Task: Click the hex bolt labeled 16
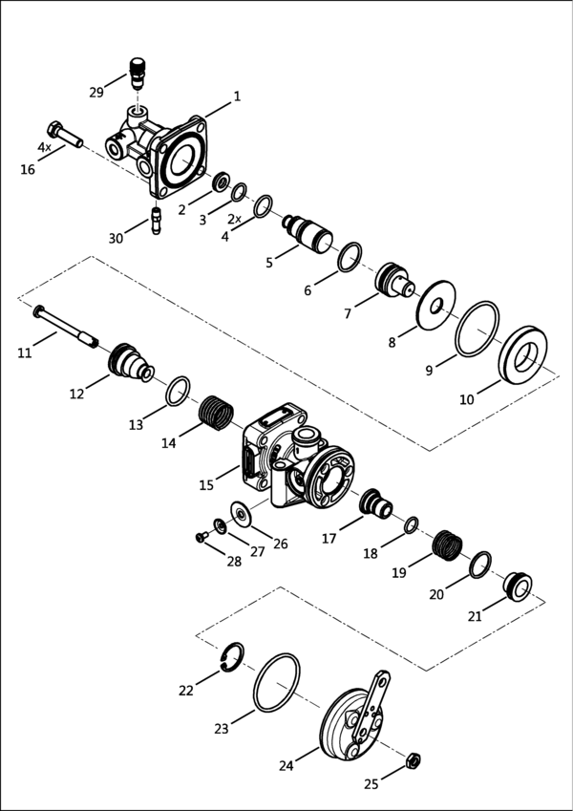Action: coord(65,135)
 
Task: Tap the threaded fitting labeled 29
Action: coord(138,74)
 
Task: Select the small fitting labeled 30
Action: coord(157,221)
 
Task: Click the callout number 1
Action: coord(237,96)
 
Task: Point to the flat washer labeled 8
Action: coord(435,305)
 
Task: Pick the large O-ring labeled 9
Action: coord(477,329)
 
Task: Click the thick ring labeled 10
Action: coord(522,355)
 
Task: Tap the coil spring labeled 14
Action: coord(216,413)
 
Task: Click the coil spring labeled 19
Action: coord(447,545)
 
